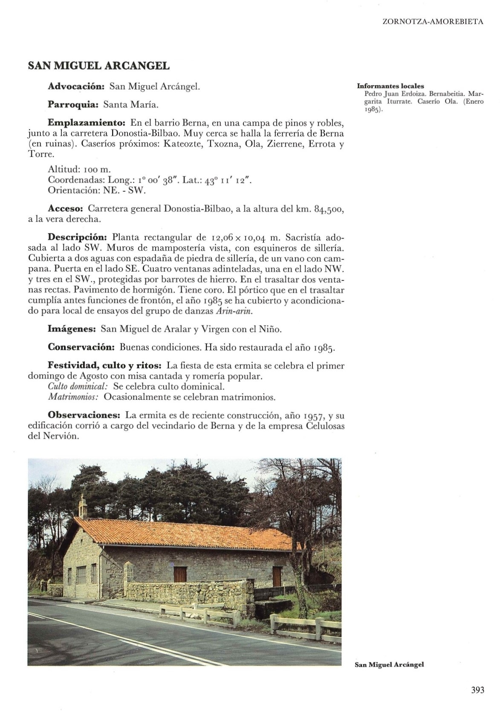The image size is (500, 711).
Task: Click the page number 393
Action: (478, 690)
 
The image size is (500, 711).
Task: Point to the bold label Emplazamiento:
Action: (86, 123)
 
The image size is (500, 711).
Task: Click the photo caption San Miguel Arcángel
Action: (389, 665)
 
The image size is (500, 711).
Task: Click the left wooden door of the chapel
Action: (180, 574)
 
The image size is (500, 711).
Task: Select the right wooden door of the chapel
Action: (277, 576)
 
